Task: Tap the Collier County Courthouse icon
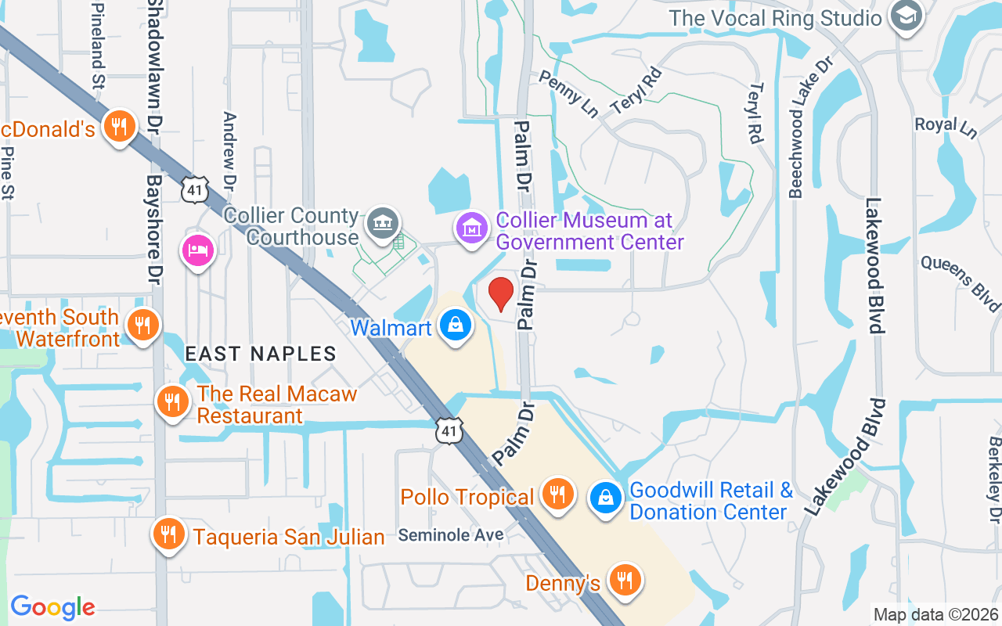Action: coord(383,221)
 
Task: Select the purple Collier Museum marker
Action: coord(471,229)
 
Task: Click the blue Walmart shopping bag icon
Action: coord(455,324)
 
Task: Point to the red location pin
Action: coord(501,294)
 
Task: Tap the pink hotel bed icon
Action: coord(198,250)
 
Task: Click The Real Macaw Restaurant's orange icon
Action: coord(172,402)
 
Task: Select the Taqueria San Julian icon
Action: coord(168,534)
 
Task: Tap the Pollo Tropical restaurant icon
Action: coord(557,495)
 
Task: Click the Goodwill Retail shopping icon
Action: coord(605,496)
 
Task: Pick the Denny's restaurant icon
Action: coord(625,580)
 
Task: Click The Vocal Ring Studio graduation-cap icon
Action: coord(906,16)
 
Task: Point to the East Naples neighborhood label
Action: coord(261,354)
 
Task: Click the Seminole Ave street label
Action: coord(451,535)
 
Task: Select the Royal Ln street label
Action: coord(946,127)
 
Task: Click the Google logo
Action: coord(52,607)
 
